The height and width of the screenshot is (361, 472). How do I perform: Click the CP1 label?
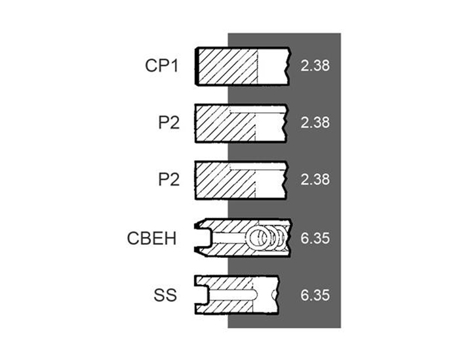[163, 66]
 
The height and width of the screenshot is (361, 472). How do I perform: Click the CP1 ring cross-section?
[242, 66]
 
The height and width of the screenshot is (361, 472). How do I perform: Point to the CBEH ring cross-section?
[242, 236]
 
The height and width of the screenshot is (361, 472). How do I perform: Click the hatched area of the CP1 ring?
[226, 66]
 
